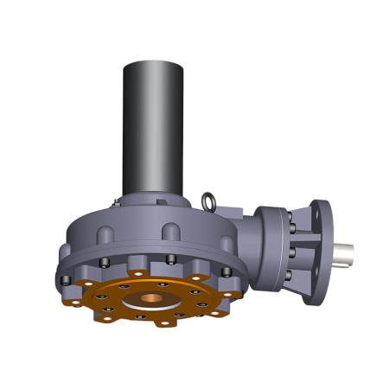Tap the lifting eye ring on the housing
(x=208, y=201)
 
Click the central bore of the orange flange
(x=152, y=300)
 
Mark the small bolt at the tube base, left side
(x=116, y=202)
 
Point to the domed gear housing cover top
(x=156, y=212)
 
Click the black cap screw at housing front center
(x=170, y=260)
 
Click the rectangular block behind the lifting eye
(x=232, y=210)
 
